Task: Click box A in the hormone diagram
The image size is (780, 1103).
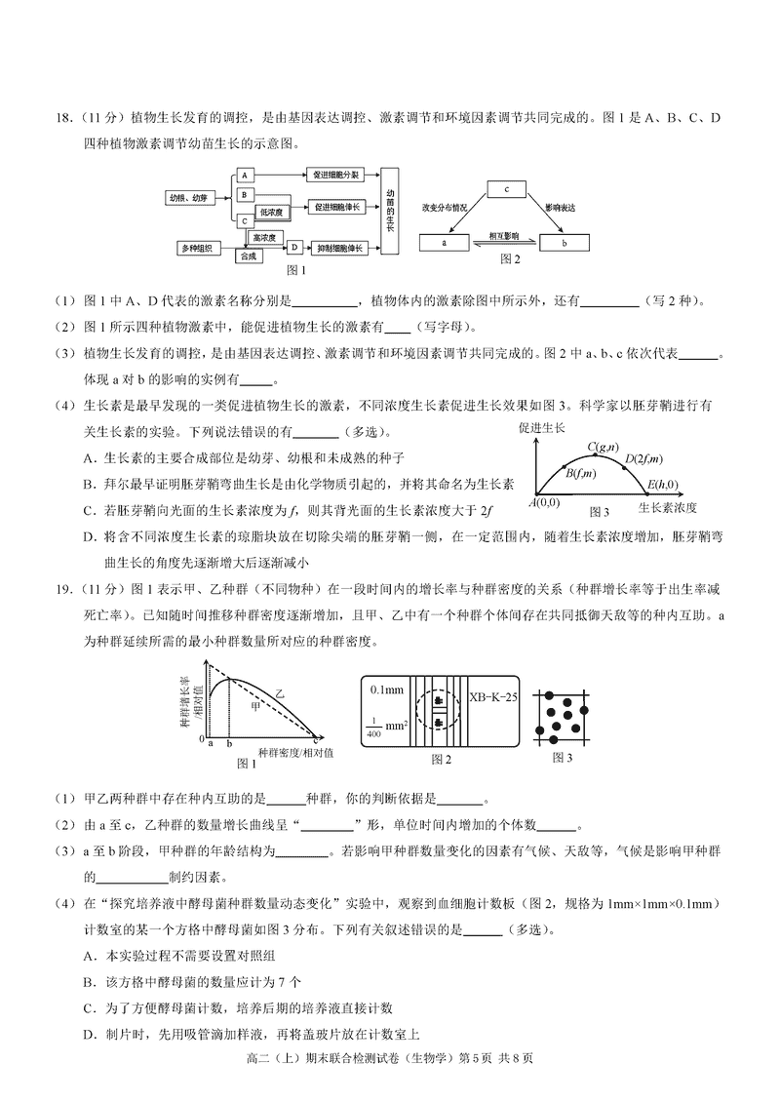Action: [246, 175]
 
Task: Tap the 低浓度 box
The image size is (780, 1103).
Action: [271, 211]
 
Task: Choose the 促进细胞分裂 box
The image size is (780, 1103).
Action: [336, 175]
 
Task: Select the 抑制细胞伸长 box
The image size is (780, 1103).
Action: [336, 249]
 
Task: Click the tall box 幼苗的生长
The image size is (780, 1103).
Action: [389, 211]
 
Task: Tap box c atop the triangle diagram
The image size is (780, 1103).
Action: [507, 189]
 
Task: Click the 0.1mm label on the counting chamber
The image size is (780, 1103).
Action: [387, 689]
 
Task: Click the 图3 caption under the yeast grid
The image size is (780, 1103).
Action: [563, 757]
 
